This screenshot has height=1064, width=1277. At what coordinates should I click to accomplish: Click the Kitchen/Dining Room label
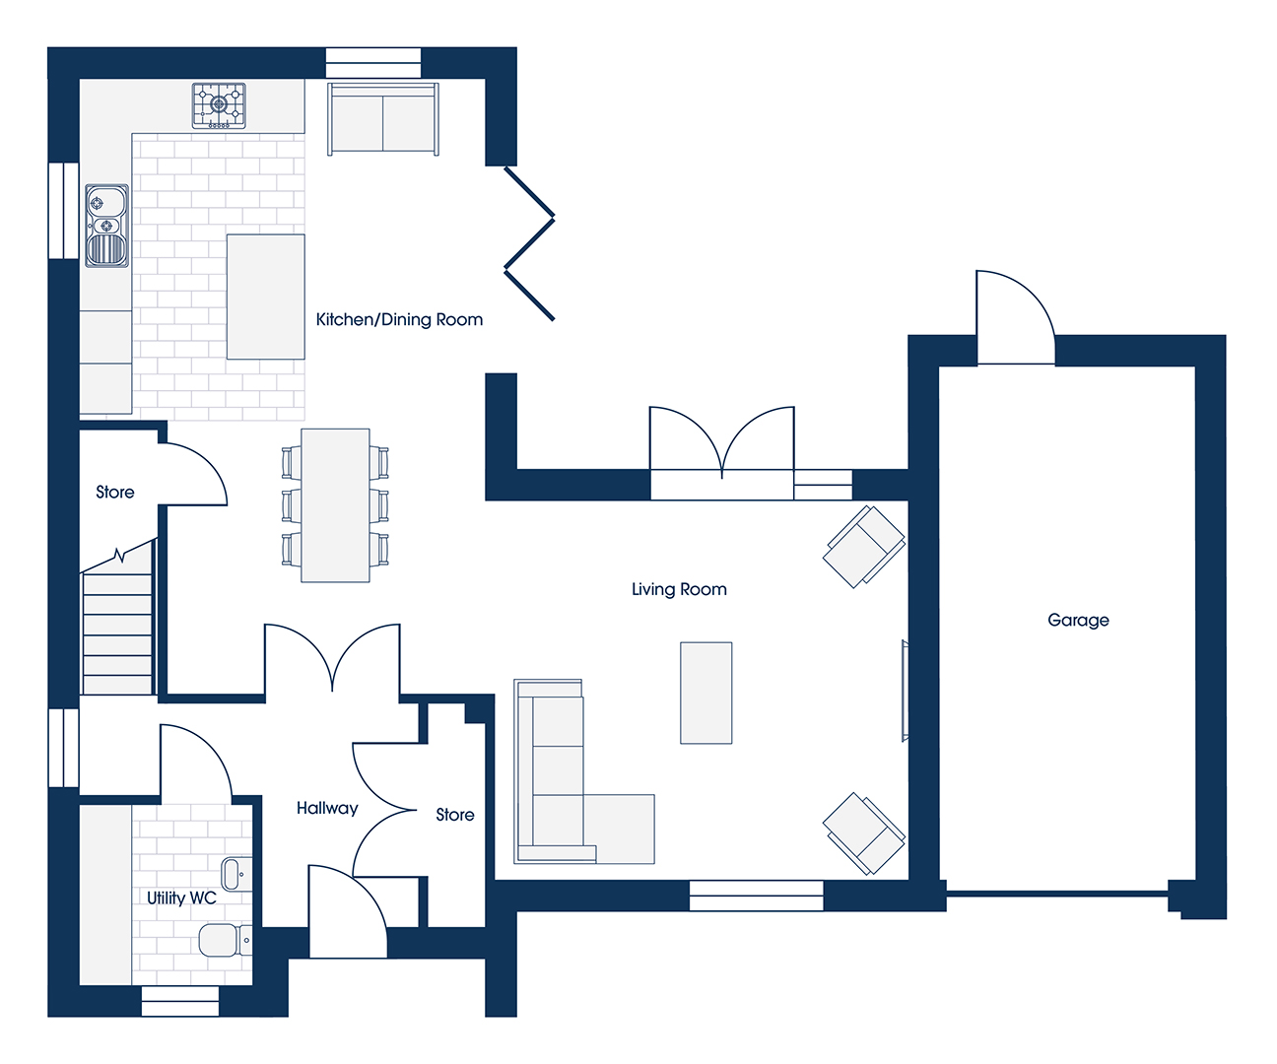399,319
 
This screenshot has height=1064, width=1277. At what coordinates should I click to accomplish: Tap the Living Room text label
679,589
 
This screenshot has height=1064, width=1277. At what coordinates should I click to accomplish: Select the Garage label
1078,620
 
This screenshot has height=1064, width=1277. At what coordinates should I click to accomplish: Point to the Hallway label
327,808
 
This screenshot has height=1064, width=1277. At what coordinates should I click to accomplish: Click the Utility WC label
181,898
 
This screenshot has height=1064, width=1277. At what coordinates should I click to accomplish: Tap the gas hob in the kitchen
219,105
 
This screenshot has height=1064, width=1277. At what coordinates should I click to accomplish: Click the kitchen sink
107,226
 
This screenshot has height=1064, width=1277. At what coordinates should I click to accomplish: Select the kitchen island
265,297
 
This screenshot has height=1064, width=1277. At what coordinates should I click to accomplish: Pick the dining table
335,505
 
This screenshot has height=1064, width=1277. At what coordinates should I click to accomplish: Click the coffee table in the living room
706,693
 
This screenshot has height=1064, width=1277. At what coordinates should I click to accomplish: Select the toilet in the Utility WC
225,940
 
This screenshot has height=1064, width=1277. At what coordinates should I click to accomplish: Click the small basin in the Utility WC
236,874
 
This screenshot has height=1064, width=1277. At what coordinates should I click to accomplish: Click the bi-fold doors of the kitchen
530,243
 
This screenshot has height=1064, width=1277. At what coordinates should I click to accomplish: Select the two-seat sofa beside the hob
383,118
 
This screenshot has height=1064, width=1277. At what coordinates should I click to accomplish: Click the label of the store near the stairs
115,493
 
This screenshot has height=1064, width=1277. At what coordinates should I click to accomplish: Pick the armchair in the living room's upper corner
863,546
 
